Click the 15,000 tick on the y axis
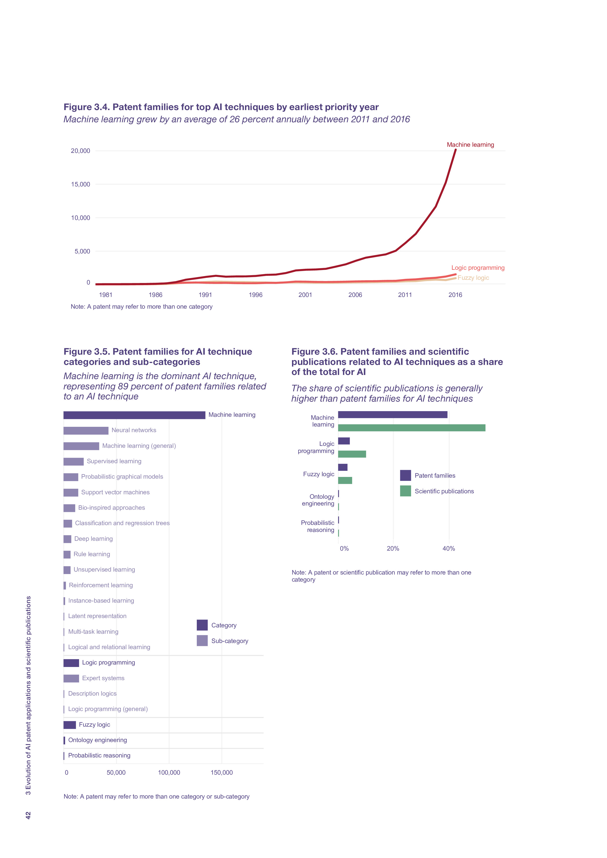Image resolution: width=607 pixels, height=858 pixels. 81,184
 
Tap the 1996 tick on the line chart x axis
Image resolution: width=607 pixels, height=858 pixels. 256,295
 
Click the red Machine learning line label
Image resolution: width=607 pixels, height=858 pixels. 470,145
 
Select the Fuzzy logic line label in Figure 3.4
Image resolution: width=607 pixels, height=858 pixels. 473,278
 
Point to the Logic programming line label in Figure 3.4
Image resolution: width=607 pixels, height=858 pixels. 478,268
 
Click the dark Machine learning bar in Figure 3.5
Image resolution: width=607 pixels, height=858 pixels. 134,415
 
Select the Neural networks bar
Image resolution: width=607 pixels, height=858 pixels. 86,430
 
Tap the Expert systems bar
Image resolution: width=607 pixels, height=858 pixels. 71,678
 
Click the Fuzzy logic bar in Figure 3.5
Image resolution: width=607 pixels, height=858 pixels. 70,725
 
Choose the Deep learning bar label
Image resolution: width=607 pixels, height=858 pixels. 93,539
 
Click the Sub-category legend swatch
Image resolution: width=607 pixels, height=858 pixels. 202,641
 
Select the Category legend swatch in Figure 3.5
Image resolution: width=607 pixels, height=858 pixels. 202,625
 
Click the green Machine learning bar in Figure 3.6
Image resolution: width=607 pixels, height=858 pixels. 411,428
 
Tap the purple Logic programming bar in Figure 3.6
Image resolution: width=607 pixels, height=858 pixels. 344,441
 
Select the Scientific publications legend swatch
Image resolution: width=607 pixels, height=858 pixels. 405,491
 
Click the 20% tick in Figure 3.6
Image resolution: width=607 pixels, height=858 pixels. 393,549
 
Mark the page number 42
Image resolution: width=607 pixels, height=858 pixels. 28,815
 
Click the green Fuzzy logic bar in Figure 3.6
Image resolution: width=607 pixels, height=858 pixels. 345,481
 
